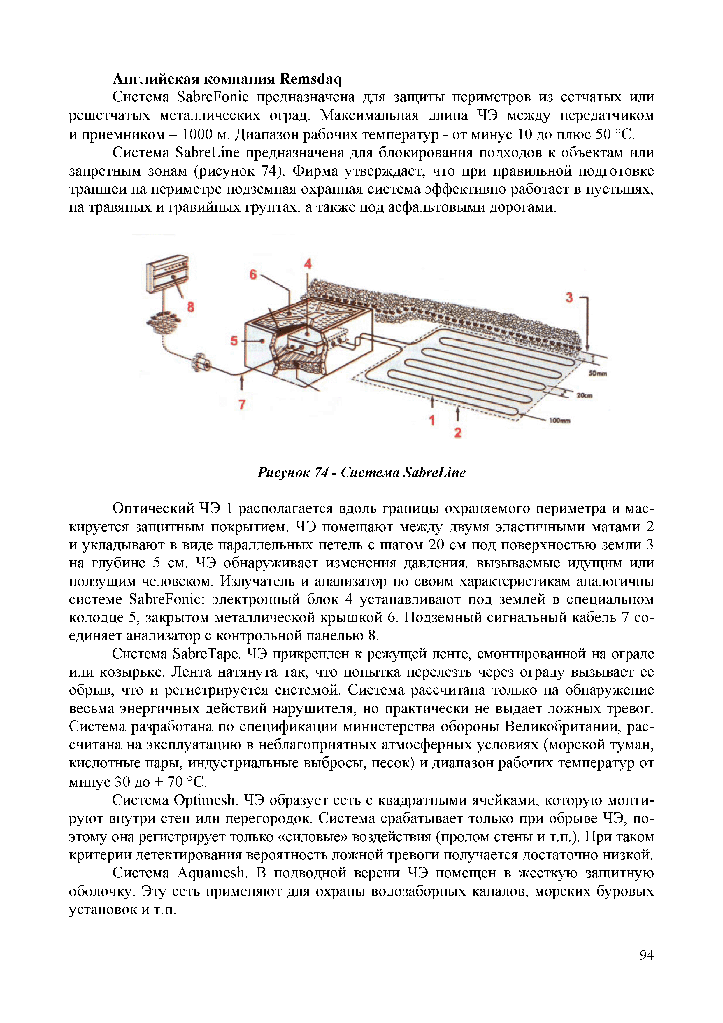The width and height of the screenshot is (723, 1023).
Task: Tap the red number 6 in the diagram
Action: click(x=253, y=274)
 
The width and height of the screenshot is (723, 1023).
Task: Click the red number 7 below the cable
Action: click(x=242, y=404)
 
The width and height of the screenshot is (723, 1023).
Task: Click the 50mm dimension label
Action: click(x=597, y=373)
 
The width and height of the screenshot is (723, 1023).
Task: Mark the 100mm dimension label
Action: click(x=559, y=421)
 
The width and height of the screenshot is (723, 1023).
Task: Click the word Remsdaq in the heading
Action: click(x=310, y=79)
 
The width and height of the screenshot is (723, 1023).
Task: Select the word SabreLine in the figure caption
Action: click(x=434, y=472)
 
